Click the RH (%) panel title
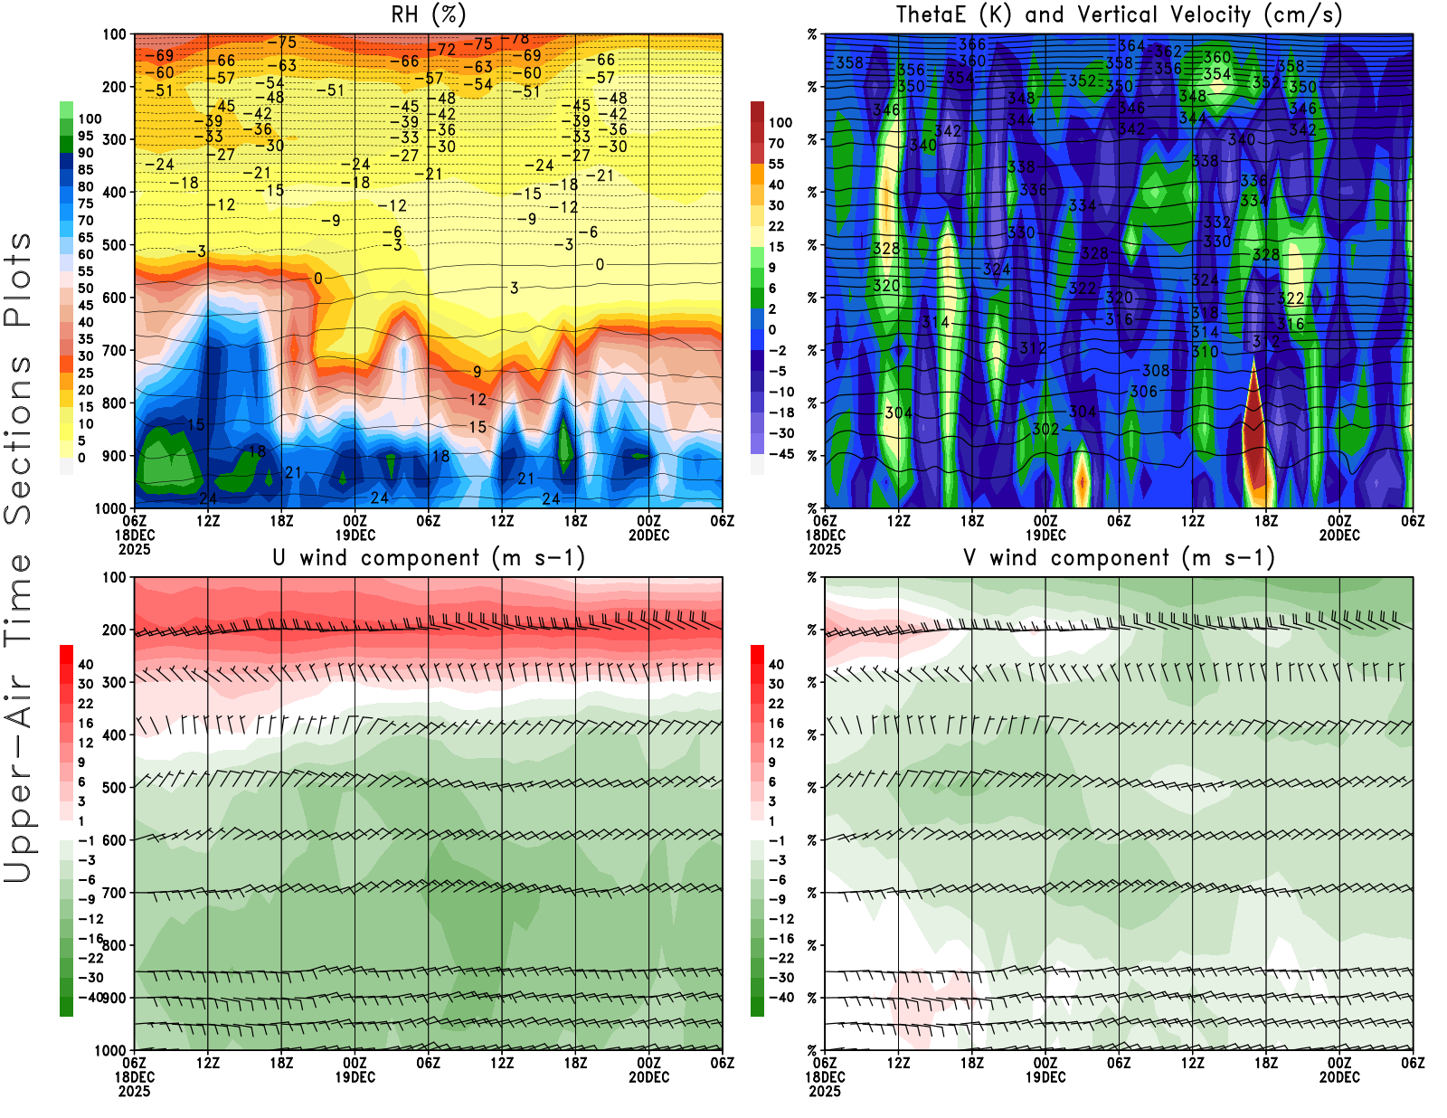[428, 14]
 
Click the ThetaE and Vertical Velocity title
[1119, 14]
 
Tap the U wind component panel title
[428, 557]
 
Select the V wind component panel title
[1119, 557]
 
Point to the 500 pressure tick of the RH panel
[114, 245]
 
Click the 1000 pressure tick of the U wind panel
[110, 1050]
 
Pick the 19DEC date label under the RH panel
[355, 535]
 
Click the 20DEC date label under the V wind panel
[1338, 1077]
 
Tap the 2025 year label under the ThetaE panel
[825, 549]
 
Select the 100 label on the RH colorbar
[90, 118]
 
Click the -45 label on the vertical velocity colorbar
[780, 454]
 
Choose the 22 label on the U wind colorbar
[85, 704]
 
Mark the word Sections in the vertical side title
[18, 439]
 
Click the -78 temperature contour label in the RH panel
[518, 39]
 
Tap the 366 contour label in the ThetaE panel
[972, 44]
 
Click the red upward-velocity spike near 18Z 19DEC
[1254, 434]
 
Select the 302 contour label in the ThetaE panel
[1045, 429]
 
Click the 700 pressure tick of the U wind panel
[114, 893]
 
